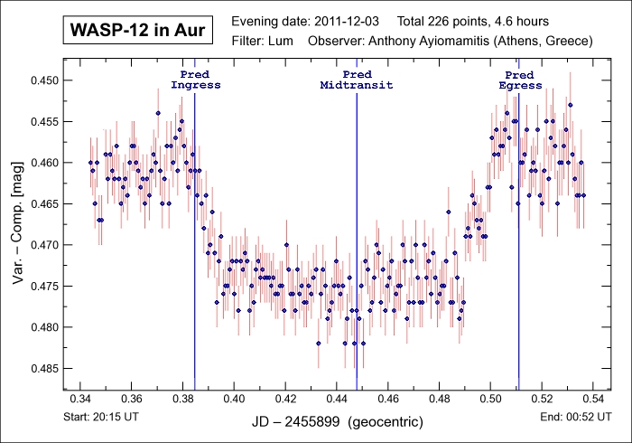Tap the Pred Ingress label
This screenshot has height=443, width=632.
(x=195, y=80)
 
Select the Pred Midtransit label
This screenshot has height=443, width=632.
(x=357, y=80)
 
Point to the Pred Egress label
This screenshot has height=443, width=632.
(x=520, y=80)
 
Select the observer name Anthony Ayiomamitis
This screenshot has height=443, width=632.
(x=429, y=42)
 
